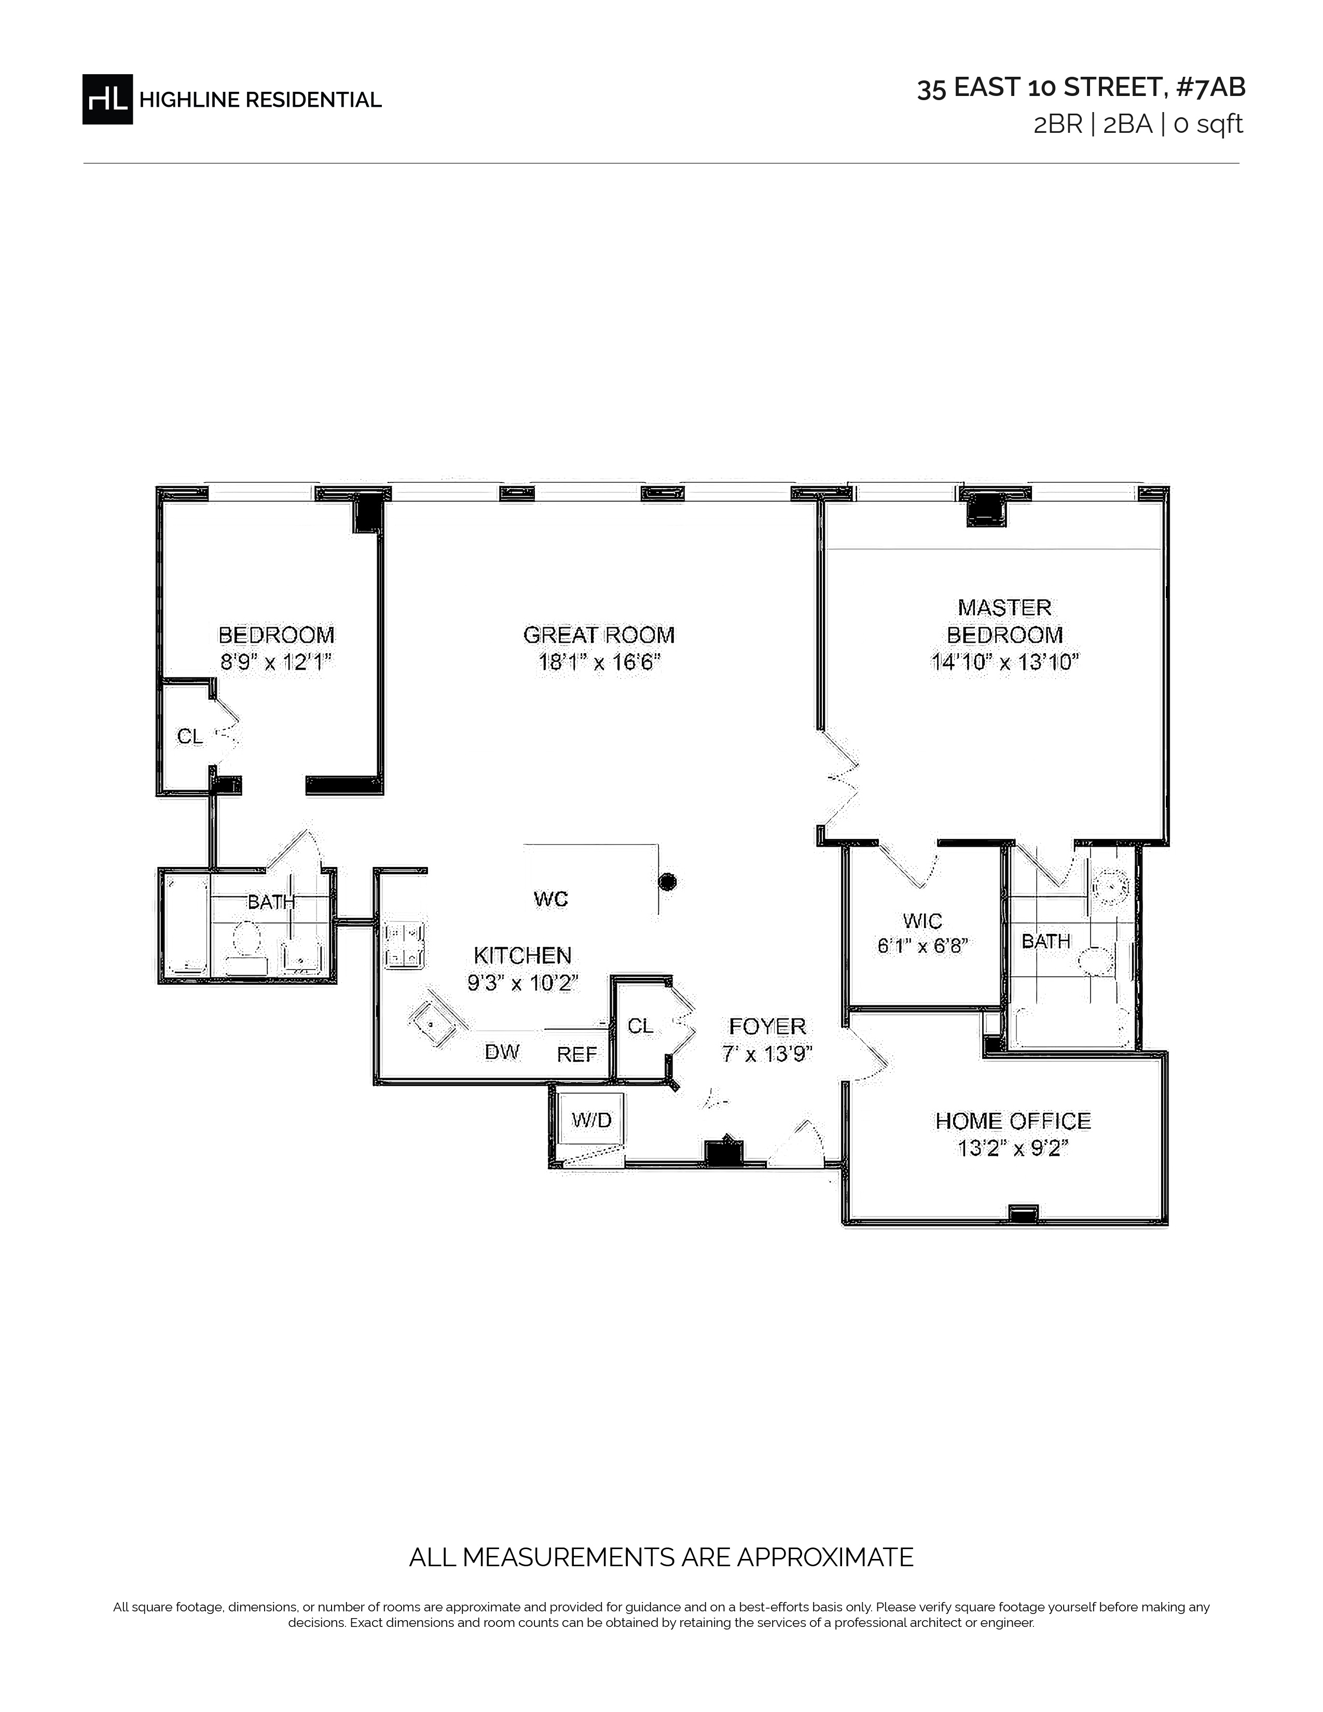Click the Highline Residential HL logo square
107,100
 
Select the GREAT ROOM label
599,635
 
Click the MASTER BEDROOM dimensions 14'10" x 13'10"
1005,662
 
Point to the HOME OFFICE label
1013,1121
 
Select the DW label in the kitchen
502,1052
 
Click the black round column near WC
667,882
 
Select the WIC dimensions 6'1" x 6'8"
922,946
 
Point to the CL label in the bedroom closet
190,736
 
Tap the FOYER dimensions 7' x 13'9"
766,1054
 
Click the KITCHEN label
523,955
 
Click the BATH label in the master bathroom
1045,941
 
